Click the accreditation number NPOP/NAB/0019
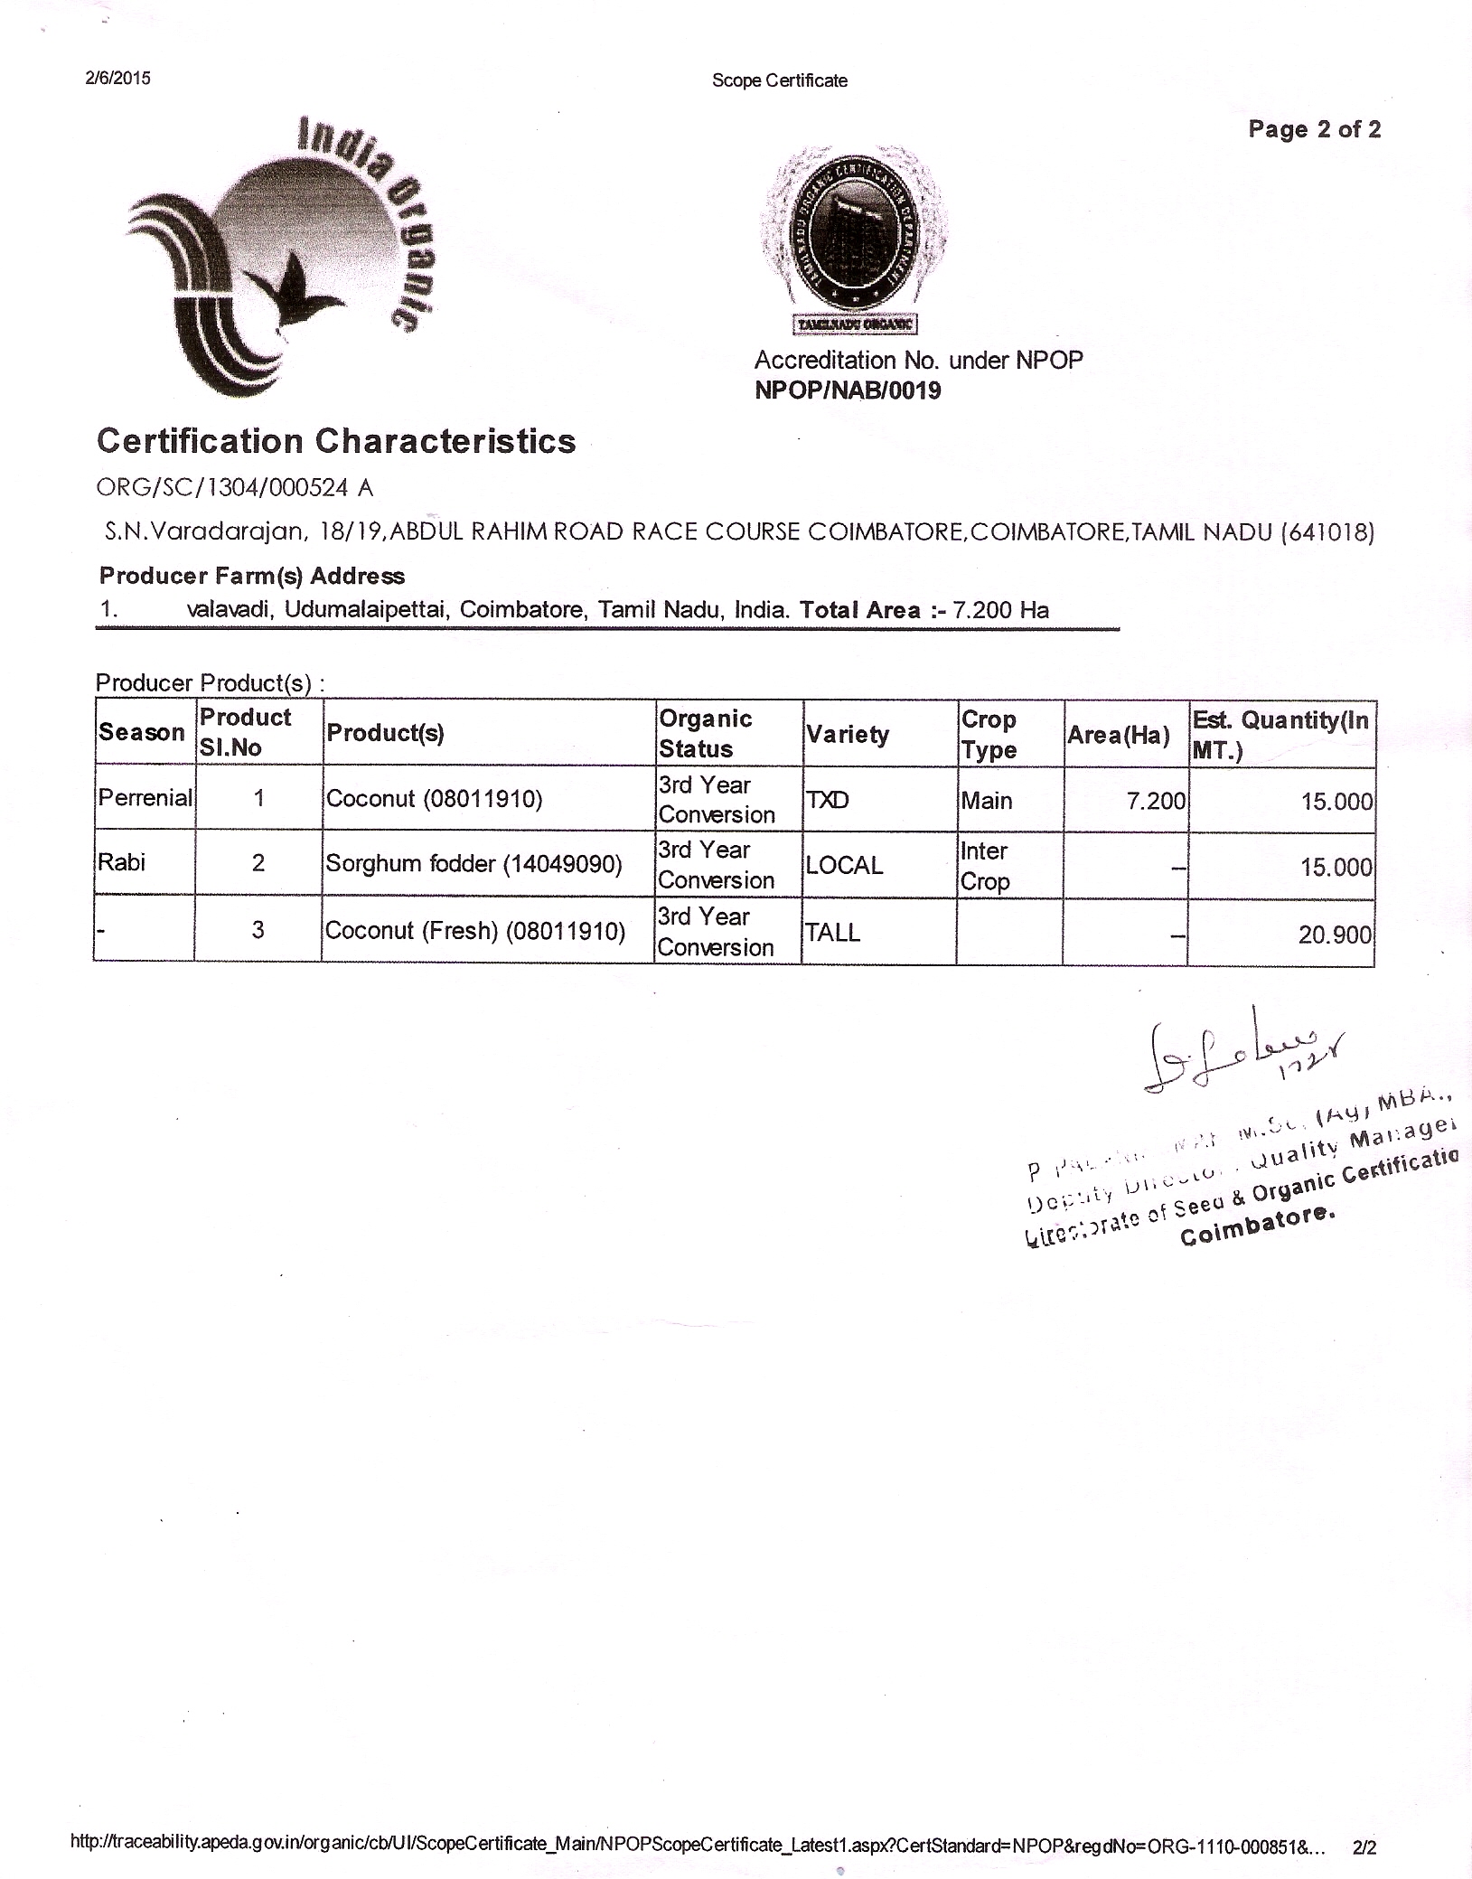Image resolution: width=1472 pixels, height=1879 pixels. pyautogui.click(x=847, y=390)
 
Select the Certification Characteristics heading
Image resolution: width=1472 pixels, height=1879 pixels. pyautogui.click(x=336, y=441)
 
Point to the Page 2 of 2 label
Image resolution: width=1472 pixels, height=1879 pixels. pyautogui.click(x=1314, y=129)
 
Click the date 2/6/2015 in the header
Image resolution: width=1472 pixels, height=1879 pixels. pyautogui.click(x=117, y=78)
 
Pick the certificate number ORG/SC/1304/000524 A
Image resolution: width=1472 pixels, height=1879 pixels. pyautogui.click(x=235, y=488)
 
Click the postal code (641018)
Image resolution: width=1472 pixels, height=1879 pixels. pyautogui.click(x=1328, y=532)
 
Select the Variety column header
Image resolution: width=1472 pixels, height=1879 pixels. pyautogui.click(x=847, y=734)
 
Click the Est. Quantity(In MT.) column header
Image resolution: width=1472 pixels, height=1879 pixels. pyautogui.click(x=1280, y=734)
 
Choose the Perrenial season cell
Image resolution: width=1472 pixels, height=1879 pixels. pyautogui.click(x=145, y=798)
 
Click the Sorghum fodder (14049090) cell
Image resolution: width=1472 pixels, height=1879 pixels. pyautogui.click(x=473, y=864)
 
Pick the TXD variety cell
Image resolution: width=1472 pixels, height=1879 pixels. pyautogui.click(x=827, y=800)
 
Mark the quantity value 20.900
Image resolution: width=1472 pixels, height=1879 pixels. pyautogui.click(x=1335, y=935)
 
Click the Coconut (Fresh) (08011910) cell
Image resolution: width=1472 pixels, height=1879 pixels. pyautogui.click(x=475, y=931)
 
